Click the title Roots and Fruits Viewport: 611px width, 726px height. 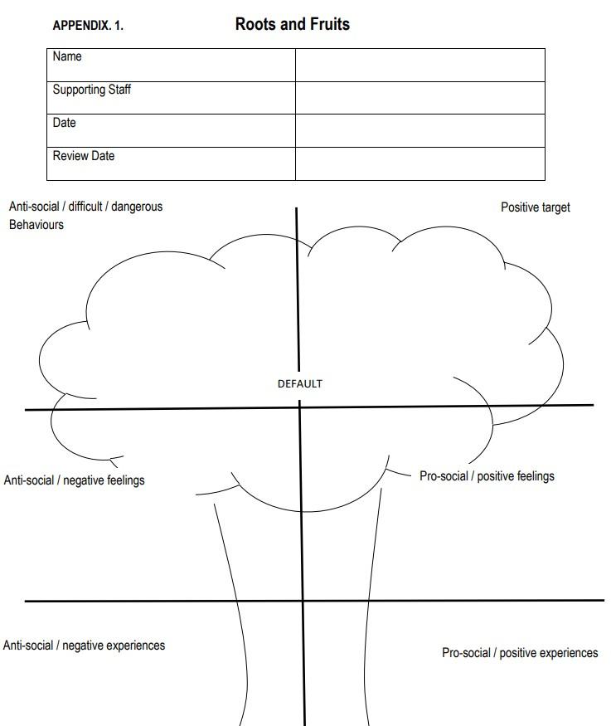pyautogui.click(x=292, y=24)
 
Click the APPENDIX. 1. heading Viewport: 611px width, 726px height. pyautogui.click(x=88, y=26)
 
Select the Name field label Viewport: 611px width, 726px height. pyautogui.click(x=67, y=56)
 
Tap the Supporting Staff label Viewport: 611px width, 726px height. pyautogui.click(x=91, y=90)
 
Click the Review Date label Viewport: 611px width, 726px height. pyautogui.click(x=83, y=156)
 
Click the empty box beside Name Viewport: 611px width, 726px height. pyautogui.click(x=419, y=65)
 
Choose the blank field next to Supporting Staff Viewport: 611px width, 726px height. pyautogui.click(x=419, y=98)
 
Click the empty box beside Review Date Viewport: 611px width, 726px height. pyautogui.click(x=419, y=163)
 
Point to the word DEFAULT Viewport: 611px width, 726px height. pyautogui.click(x=299, y=384)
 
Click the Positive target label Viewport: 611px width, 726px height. pyautogui.click(x=535, y=207)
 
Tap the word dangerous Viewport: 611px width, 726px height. pyautogui.click(x=137, y=207)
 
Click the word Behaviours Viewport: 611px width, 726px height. pyautogui.click(x=36, y=225)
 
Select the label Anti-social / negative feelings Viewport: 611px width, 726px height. pyautogui.click(x=74, y=480)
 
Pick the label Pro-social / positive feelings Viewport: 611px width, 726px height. pyautogui.click(x=487, y=476)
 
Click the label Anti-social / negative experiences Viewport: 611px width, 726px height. pyautogui.click(x=84, y=646)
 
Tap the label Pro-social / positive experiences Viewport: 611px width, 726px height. pyautogui.click(x=519, y=653)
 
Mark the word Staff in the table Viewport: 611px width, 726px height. pyautogui.click(x=117, y=90)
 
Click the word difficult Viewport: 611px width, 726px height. pyautogui.click(x=85, y=207)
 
